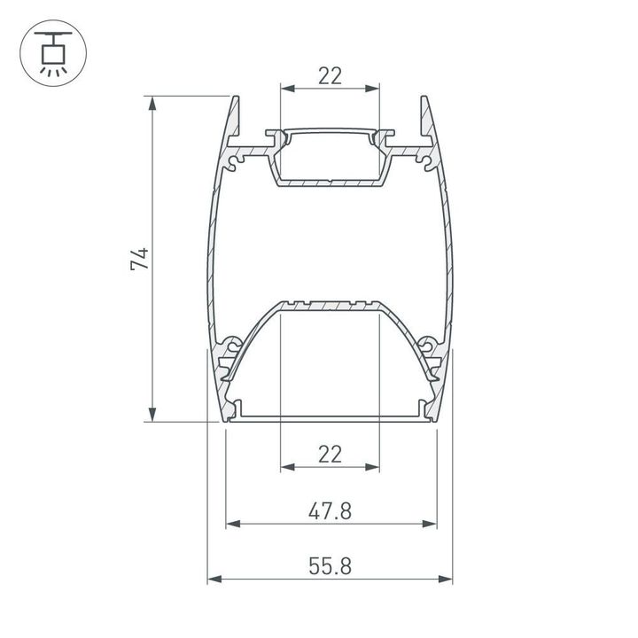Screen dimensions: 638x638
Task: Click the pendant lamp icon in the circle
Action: [x=52, y=52]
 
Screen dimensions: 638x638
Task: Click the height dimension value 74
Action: [x=140, y=259]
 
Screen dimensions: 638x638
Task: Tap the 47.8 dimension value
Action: [x=330, y=510]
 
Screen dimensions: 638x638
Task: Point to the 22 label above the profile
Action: [x=330, y=75]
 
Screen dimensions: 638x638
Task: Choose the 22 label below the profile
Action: [x=330, y=455]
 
